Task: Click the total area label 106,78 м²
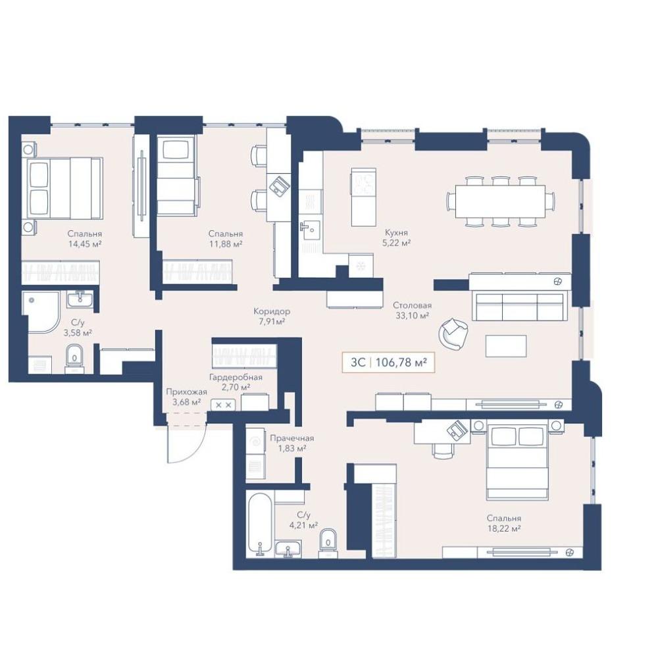click(x=401, y=362)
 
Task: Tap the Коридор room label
click(x=272, y=311)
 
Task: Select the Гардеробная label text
click(x=236, y=377)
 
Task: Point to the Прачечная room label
click(x=291, y=438)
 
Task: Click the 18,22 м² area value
click(x=504, y=529)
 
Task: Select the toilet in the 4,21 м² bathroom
click(x=328, y=543)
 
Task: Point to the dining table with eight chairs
click(x=501, y=201)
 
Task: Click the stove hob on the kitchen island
click(x=363, y=184)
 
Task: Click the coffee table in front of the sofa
click(x=506, y=346)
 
